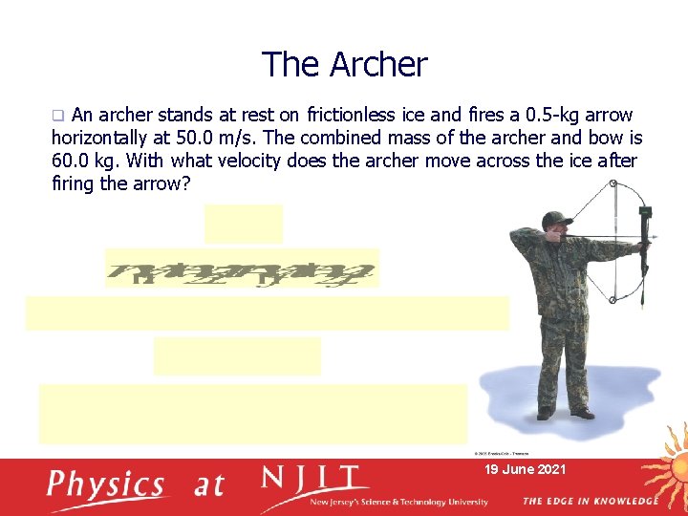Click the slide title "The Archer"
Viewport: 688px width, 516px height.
pyautogui.click(x=345, y=65)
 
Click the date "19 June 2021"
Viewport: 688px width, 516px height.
pyautogui.click(x=526, y=469)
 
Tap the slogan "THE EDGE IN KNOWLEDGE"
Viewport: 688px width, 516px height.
pyautogui.click(x=590, y=501)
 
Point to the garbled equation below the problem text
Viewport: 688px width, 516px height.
pyautogui.click(x=242, y=268)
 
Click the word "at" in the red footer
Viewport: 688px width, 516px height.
pyautogui.click(x=210, y=485)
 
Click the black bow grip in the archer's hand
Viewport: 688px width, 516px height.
pyautogui.click(x=645, y=239)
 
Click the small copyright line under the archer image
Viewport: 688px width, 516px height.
pyautogui.click(x=501, y=453)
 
